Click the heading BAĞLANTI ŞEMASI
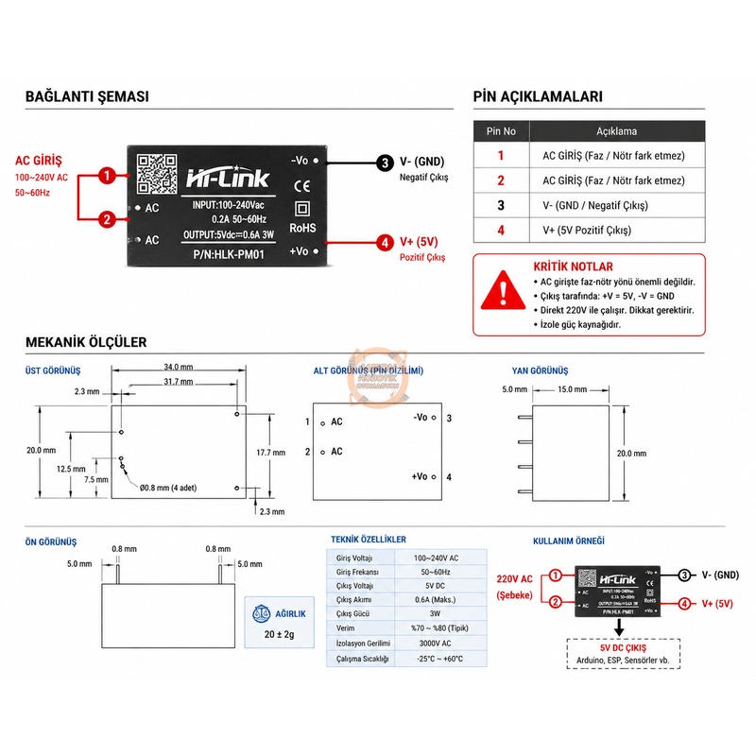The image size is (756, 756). tap(87, 96)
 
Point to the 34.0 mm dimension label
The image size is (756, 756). tap(178, 367)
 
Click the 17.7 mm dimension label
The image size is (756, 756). tap(270, 453)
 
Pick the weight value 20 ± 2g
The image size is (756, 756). tap(280, 634)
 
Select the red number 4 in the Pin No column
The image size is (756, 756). tap(501, 230)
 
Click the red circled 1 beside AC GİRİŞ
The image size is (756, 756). tap(108, 176)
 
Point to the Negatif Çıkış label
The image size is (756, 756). tap(423, 177)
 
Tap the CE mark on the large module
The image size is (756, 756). tap(302, 185)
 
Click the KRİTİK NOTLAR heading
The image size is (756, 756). tap(573, 266)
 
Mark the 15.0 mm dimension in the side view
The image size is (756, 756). tap(572, 389)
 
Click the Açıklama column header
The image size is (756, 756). tap(616, 131)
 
